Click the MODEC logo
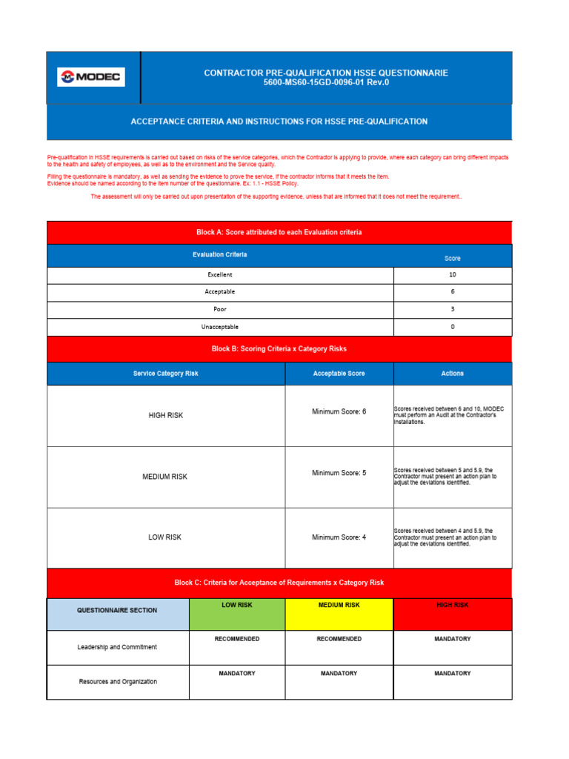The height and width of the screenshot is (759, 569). point(92,77)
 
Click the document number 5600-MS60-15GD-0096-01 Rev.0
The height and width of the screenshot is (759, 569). point(326,82)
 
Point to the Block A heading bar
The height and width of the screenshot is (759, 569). point(279,232)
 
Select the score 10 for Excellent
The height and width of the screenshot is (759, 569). point(452,274)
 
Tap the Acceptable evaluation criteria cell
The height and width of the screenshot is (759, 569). point(220,291)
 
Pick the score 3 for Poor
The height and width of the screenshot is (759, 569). point(452,309)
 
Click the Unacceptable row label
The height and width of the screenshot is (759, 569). point(220,326)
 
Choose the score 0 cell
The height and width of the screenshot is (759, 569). point(452,326)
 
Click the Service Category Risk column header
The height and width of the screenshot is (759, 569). point(166,374)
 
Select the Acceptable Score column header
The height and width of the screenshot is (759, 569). point(339,374)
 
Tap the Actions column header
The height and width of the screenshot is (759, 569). point(452,374)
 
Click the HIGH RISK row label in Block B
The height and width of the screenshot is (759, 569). point(166,416)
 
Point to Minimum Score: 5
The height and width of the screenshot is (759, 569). point(339,472)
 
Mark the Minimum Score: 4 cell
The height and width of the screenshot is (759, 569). point(339,537)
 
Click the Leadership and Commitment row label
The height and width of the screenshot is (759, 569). point(117,647)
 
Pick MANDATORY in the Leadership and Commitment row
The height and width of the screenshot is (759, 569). point(452,639)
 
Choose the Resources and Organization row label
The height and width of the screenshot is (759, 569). point(117,681)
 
